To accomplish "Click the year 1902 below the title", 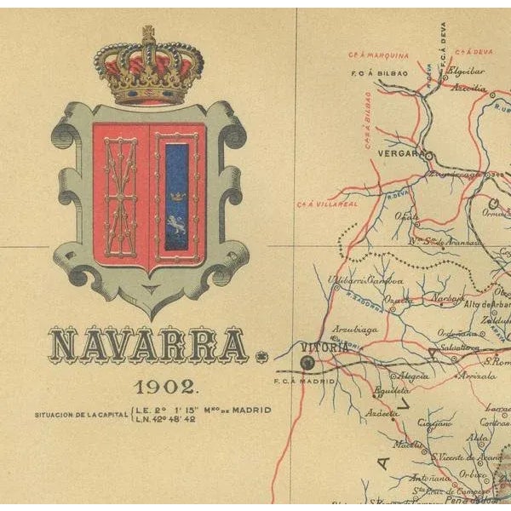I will (x=166, y=388).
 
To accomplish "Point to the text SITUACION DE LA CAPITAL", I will (x=81, y=415).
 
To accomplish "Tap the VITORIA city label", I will (x=325, y=347).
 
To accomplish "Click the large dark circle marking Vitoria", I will (x=307, y=363).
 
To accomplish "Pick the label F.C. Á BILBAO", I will (x=375, y=73).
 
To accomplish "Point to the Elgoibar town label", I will (x=466, y=72).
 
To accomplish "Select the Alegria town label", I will (x=414, y=375).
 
